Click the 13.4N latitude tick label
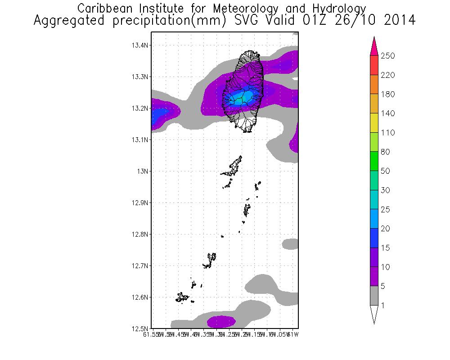(139, 45)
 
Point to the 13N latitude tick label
(143, 171)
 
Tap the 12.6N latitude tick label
(139, 297)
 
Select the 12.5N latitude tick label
(139, 328)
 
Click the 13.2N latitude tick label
(139, 108)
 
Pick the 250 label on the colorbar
(387, 56)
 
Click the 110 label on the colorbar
(387, 133)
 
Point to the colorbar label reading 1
(383, 306)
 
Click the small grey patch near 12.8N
(290, 244)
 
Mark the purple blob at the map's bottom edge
(221, 321)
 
